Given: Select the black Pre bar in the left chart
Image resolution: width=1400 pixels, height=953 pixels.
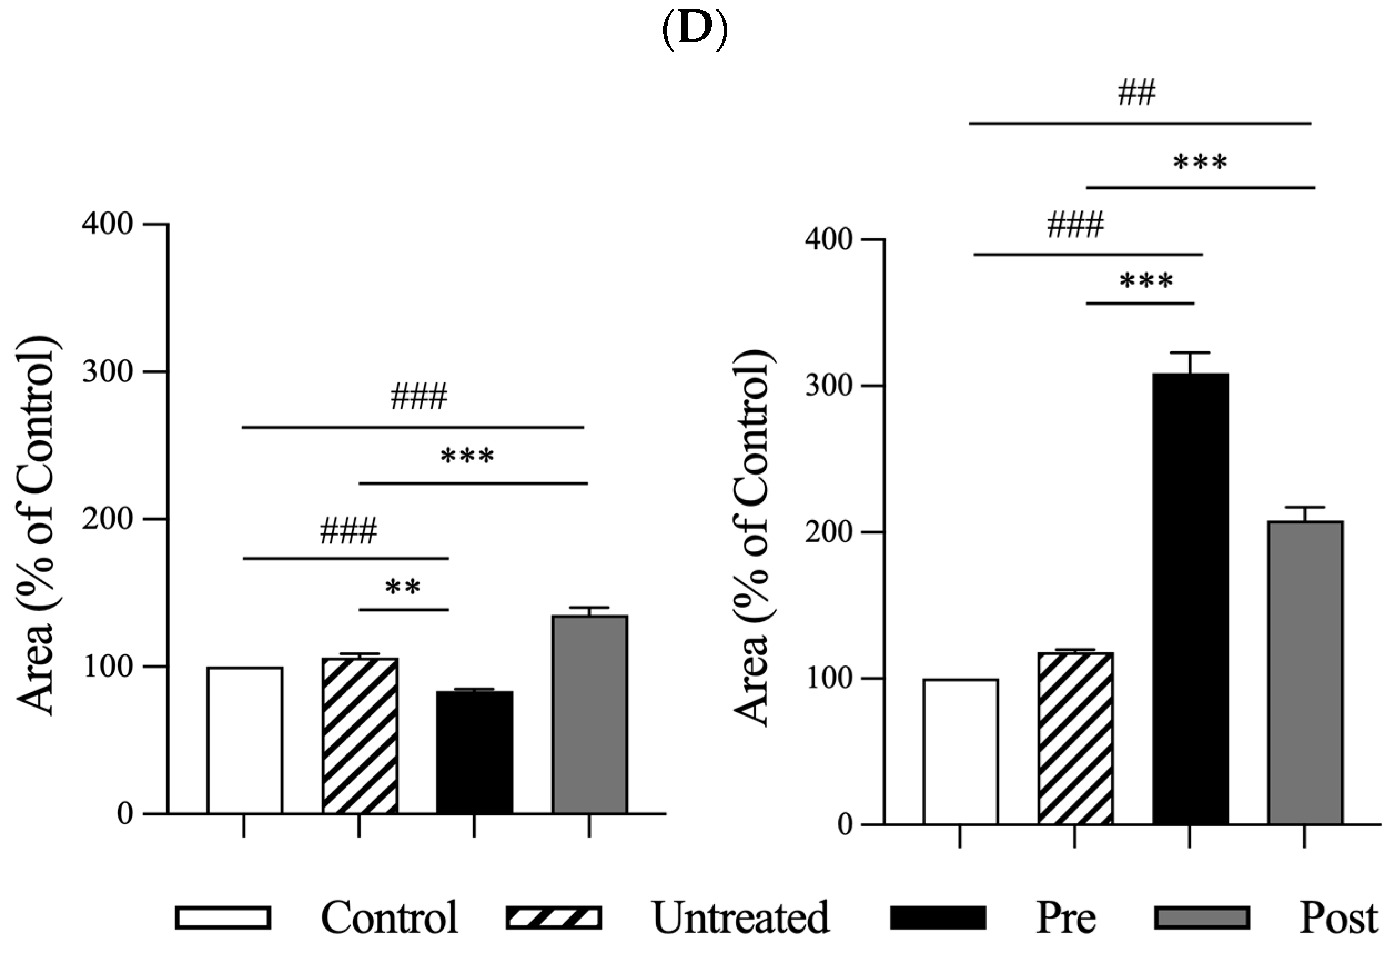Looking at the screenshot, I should [474, 753].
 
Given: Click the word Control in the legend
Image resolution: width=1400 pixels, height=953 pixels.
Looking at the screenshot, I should [389, 918].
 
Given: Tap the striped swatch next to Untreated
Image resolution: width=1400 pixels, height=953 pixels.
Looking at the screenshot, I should [554, 918].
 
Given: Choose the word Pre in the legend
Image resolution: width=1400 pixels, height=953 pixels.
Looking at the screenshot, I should [1065, 918].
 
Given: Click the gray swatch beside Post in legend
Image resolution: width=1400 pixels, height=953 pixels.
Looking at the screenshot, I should [1201, 918].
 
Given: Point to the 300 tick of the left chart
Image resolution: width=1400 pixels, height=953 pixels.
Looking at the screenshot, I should [107, 372].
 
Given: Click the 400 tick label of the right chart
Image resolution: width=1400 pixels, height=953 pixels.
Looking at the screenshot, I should [829, 240].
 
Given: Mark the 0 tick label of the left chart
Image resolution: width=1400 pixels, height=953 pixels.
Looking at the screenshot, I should [125, 814].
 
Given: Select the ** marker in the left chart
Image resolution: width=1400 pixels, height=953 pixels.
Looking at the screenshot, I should [402, 587].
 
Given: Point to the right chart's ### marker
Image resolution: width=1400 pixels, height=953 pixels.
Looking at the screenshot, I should [1075, 226].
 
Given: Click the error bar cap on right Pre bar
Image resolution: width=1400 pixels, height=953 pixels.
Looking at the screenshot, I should [1190, 352].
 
